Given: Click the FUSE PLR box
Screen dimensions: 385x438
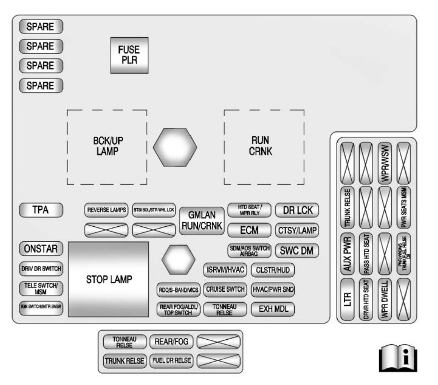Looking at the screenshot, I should (129, 56).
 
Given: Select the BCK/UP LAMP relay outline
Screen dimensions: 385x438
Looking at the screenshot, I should (107, 147).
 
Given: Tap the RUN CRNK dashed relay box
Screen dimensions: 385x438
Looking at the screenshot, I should (264, 147).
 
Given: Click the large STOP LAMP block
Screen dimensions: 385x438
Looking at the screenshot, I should (108, 279).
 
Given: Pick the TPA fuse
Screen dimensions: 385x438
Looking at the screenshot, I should (41, 210).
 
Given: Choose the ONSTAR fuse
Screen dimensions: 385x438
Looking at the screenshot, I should (41, 249).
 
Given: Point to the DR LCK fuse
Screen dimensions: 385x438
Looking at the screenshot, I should (297, 210).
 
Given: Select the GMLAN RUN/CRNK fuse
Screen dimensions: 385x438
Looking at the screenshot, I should (202, 220).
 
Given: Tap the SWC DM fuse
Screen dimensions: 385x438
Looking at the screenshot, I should (297, 250).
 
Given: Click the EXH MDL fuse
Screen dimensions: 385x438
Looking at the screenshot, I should (273, 309).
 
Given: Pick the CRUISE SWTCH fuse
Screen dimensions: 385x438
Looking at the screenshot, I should (226, 289).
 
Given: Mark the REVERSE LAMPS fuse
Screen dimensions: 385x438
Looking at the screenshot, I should (107, 210).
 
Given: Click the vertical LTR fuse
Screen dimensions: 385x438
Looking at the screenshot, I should (347, 299).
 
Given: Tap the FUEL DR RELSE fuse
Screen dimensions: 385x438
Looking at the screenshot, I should (171, 360).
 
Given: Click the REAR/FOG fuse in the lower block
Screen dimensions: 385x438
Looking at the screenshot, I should (171, 342).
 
